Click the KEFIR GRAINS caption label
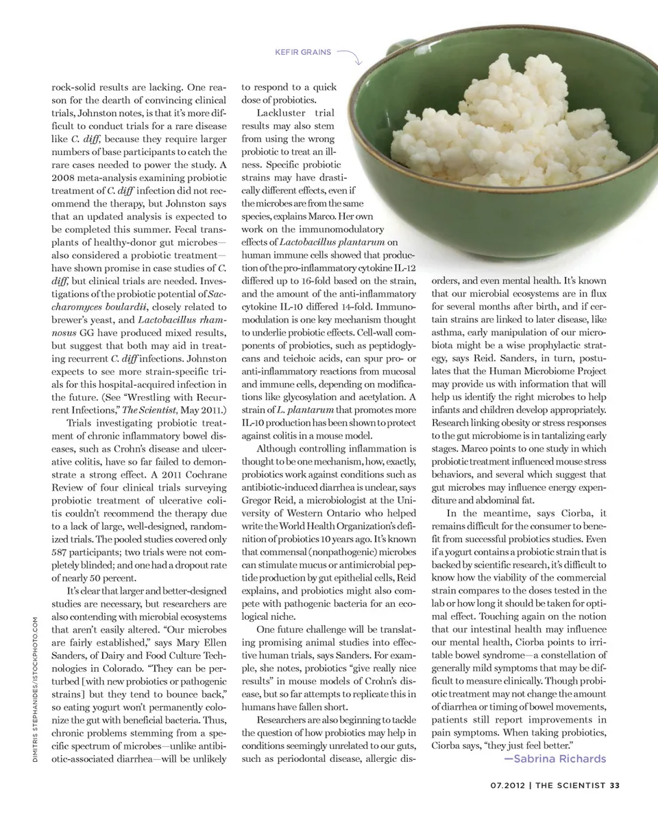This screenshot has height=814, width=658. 302,52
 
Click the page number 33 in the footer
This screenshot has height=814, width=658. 614,787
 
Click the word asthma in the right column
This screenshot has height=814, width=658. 447,333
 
